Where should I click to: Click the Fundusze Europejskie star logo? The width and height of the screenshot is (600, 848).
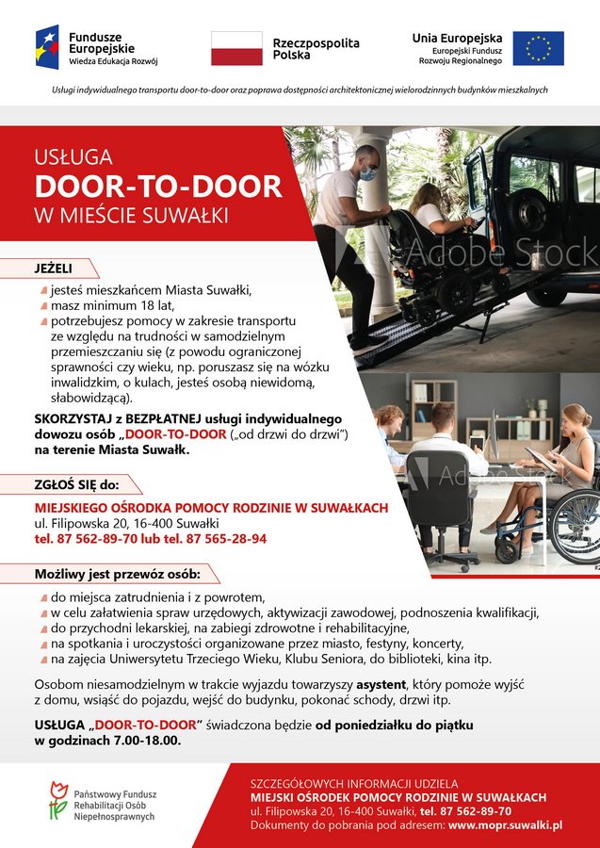47,47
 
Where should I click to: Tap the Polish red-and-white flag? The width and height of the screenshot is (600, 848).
236,48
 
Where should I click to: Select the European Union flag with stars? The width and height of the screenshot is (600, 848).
539,48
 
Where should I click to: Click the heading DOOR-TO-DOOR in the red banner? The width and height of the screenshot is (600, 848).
158,186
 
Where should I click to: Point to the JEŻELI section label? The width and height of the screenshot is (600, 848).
54,269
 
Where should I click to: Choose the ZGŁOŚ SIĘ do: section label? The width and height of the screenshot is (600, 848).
77,485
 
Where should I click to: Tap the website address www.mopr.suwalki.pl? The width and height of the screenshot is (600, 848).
506,824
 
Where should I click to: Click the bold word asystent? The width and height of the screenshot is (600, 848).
381,683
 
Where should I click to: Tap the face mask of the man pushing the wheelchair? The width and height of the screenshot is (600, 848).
368,173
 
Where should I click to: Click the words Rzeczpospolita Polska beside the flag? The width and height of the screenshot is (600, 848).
316,49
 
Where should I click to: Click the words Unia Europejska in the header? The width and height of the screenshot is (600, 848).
457,38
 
